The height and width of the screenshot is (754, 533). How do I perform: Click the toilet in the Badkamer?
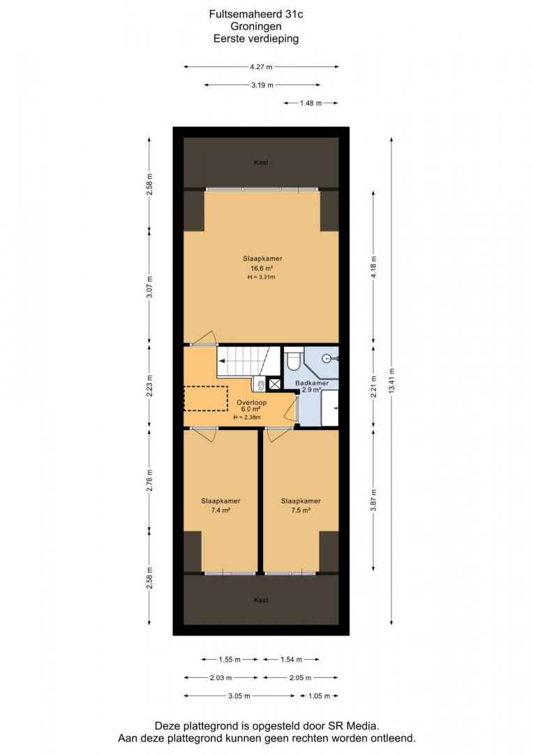[x=293, y=360]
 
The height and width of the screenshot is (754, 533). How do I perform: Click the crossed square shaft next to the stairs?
[x=276, y=384]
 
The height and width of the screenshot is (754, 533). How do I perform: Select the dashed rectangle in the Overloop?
[x=207, y=398]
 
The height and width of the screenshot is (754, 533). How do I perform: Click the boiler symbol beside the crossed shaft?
[x=260, y=384]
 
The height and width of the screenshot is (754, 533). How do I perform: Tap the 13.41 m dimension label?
[x=391, y=381]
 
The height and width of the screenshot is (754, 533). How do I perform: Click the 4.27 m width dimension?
[x=261, y=67]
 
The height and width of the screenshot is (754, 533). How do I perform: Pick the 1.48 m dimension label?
[x=310, y=103]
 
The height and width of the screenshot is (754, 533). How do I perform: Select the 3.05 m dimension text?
[x=239, y=696]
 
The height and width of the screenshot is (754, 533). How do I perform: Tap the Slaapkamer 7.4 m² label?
[x=220, y=505]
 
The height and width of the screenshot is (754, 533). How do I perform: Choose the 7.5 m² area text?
[x=301, y=510]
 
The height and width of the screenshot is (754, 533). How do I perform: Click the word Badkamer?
[x=312, y=383]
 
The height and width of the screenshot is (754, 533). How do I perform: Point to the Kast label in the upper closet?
[x=261, y=163]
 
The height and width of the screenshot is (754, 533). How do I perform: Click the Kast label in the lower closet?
[x=261, y=600]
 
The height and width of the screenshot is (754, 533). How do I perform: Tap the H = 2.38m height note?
[x=247, y=417]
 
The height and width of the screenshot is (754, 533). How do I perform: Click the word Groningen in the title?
[x=256, y=27]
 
